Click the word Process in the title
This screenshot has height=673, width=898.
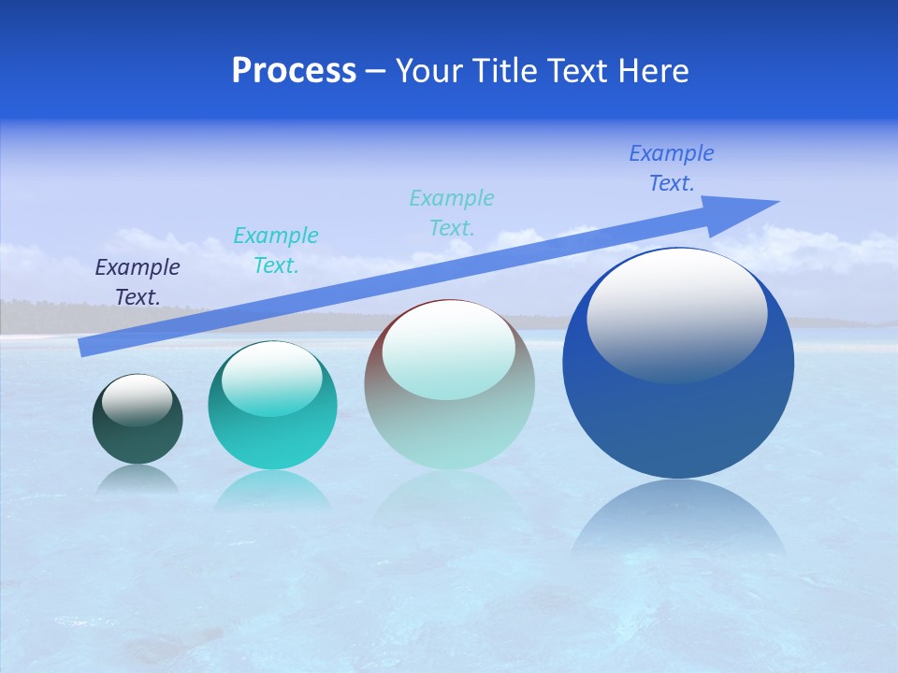pyautogui.click(x=294, y=71)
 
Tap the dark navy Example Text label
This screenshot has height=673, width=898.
pyautogui.click(x=138, y=281)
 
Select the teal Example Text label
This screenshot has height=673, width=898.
pyautogui.click(x=276, y=250)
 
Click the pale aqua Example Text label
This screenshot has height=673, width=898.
pyautogui.click(x=452, y=212)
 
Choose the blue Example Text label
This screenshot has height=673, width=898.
pyautogui.click(x=672, y=167)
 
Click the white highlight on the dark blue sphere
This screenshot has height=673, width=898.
pyautogui.click(x=676, y=313)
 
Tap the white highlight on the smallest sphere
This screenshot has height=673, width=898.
pyautogui.click(x=138, y=398)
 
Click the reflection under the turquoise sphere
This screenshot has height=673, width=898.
pyautogui.click(x=272, y=491)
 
